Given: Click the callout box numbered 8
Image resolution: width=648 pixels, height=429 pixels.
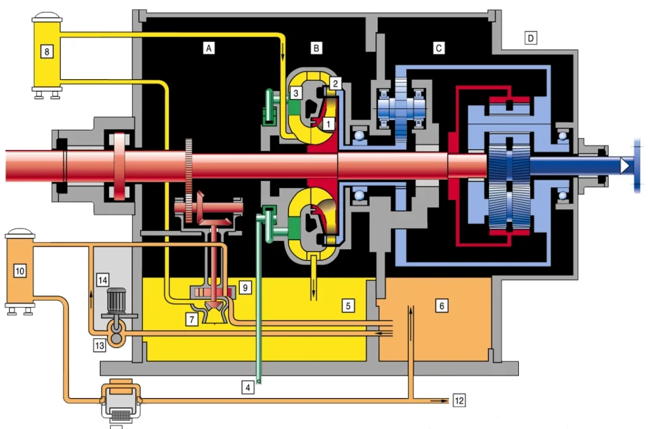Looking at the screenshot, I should click(46, 51).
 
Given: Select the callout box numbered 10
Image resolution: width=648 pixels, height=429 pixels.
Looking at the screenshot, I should click(20, 271).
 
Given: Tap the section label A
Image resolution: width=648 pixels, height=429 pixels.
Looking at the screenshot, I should click(208, 47).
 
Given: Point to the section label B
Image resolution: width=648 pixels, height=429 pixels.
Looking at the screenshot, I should click(317, 47).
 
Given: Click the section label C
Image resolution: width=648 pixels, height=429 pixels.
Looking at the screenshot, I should click(438, 47).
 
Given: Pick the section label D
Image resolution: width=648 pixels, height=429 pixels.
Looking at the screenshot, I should click(531, 38).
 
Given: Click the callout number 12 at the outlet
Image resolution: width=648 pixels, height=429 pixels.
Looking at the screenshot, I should click(459, 401).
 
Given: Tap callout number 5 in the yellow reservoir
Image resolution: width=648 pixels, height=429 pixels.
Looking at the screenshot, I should click(347, 305).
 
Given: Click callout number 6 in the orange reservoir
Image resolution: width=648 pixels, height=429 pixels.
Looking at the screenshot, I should click(442, 305).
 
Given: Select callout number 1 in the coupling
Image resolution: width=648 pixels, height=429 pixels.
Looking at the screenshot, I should click(328, 123).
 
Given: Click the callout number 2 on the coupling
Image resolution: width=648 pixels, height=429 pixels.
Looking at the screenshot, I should click(335, 83).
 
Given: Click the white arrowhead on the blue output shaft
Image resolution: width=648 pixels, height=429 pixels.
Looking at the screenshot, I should click(625, 166).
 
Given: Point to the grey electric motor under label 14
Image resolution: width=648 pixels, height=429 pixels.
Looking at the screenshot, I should click(116, 300).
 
